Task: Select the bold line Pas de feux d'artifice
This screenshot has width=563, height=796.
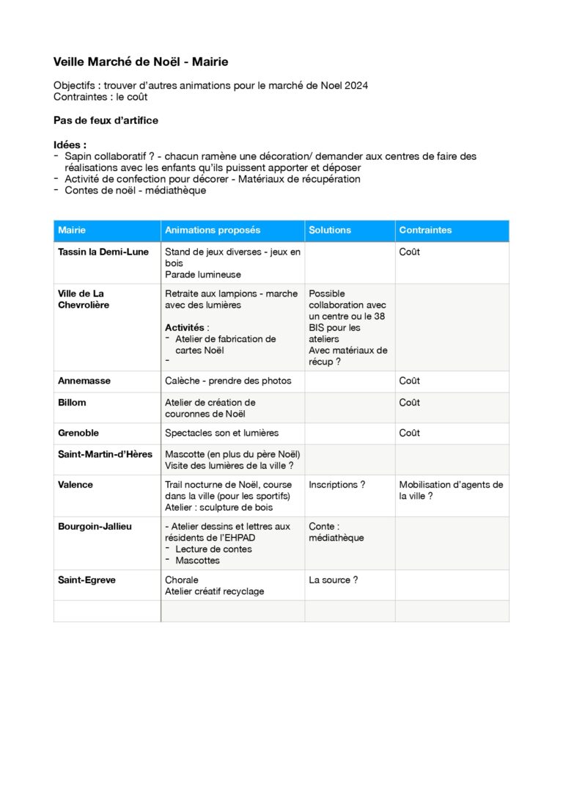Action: [106, 120]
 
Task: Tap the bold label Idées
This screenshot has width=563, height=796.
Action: [69, 145]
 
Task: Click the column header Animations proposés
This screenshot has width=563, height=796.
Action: [213, 230]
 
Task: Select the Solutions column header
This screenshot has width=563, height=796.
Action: [330, 230]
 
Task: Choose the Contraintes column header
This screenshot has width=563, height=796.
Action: [425, 230]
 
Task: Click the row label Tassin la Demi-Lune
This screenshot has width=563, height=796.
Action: [103, 252]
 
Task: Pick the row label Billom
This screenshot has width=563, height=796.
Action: [72, 403]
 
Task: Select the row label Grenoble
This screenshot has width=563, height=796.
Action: [78, 434]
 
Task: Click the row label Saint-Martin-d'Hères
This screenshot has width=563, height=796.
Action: [105, 454]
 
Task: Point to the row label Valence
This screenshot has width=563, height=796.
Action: [76, 485]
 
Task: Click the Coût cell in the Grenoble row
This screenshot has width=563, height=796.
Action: [409, 434]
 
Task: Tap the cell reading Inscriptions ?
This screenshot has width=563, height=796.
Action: [337, 485]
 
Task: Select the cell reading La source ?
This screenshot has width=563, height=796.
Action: [334, 580]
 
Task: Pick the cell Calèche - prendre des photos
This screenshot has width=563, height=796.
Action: [228, 381]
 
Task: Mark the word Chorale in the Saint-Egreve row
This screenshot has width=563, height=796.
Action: [182, 580]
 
